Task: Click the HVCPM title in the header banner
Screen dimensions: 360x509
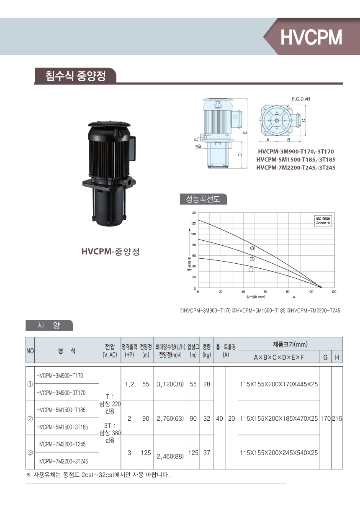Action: (311, 37)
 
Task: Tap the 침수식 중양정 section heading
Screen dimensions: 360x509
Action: (75, 76)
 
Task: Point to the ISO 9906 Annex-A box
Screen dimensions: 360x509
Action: (323, 221)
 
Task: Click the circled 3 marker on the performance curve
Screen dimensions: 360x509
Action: (252, 248)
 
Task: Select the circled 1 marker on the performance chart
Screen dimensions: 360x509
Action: (251, 270)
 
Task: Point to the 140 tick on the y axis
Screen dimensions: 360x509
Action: (193, 213)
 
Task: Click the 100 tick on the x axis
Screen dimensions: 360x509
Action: (311, 292)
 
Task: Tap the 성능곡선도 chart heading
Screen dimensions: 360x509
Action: (203, 199)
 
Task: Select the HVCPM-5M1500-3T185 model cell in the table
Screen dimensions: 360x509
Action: (62, 427)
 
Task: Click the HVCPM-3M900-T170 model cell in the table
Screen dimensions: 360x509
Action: (59, 375)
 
